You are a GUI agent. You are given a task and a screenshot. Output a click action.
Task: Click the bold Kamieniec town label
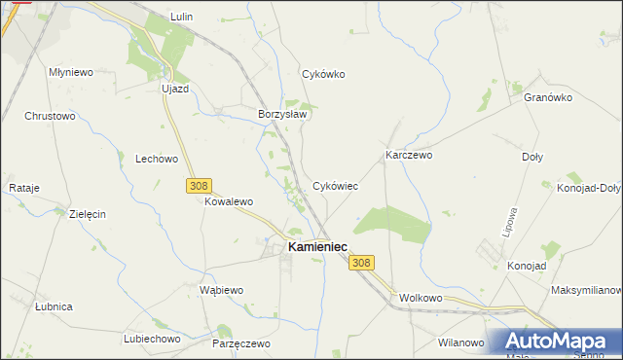[317, 247]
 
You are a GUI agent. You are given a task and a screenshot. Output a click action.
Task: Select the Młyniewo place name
[70, 72]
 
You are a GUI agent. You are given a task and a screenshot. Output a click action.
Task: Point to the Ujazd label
[174, 89]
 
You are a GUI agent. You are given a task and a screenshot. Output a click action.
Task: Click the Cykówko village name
[324, 74]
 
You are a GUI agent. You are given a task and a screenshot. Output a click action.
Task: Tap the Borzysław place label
[282, 114]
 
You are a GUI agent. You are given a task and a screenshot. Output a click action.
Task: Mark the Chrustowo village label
[50, 116]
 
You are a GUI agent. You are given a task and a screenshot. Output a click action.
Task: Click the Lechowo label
[157, 159]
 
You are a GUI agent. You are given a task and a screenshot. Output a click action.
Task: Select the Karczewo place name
[409, 155]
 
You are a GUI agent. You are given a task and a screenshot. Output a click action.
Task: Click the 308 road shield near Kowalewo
[198, 185]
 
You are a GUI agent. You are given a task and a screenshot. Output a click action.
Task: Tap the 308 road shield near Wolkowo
[361, 263]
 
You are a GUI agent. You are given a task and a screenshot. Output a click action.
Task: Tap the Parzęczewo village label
[240, 343]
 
